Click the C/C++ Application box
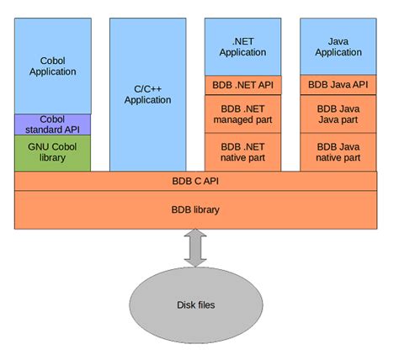click(x=147, y=93)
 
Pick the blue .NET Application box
click(x=242, y=46)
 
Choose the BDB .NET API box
click(x=242, y=85)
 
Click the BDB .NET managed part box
click(x=242, y=114)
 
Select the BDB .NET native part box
click(x=242, y=151)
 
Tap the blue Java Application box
click(x=338, y=46)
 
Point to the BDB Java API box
click(x=338, y=85)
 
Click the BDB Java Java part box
click(x=338, y=114)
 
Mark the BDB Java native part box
click(x=338, y=151)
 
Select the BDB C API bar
click(x=195, y=180)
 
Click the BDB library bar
click(x=195, y=209)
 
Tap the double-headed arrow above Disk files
click(x=195, y=248)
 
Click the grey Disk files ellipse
click(x=195, y=304)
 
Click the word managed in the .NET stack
click(x=242, y=119)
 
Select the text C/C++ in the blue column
click(x=147, y=88)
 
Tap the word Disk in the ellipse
click(x=187, y=304)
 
